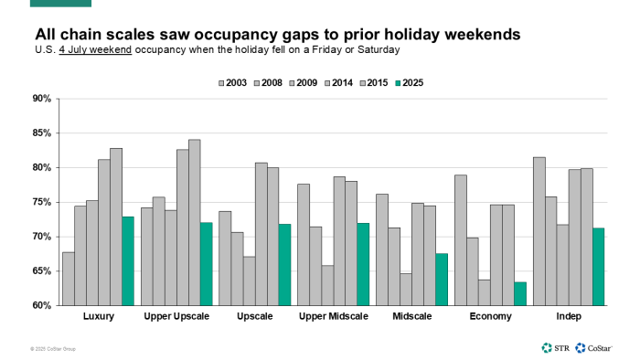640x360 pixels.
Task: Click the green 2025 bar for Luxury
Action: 128,260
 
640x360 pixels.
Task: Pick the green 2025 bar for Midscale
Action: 442,279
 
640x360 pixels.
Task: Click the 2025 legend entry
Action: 408,82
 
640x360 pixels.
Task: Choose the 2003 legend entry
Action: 236,82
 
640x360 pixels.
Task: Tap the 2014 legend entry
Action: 337,82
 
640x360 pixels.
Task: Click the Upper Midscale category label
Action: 334,317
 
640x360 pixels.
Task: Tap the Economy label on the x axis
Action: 490,317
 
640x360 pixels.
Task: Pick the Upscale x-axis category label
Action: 255,317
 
